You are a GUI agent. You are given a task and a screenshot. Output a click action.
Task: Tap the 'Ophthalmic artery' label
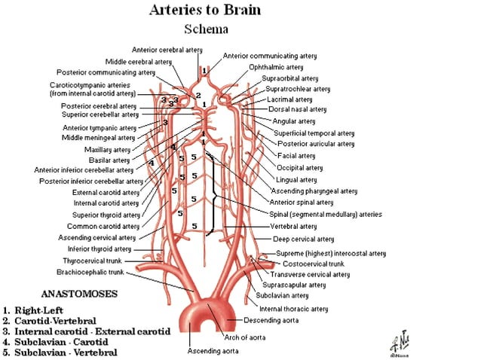[x=276, y=67]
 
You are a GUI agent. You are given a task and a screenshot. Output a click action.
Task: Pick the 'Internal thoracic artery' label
[x=293, y=309]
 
